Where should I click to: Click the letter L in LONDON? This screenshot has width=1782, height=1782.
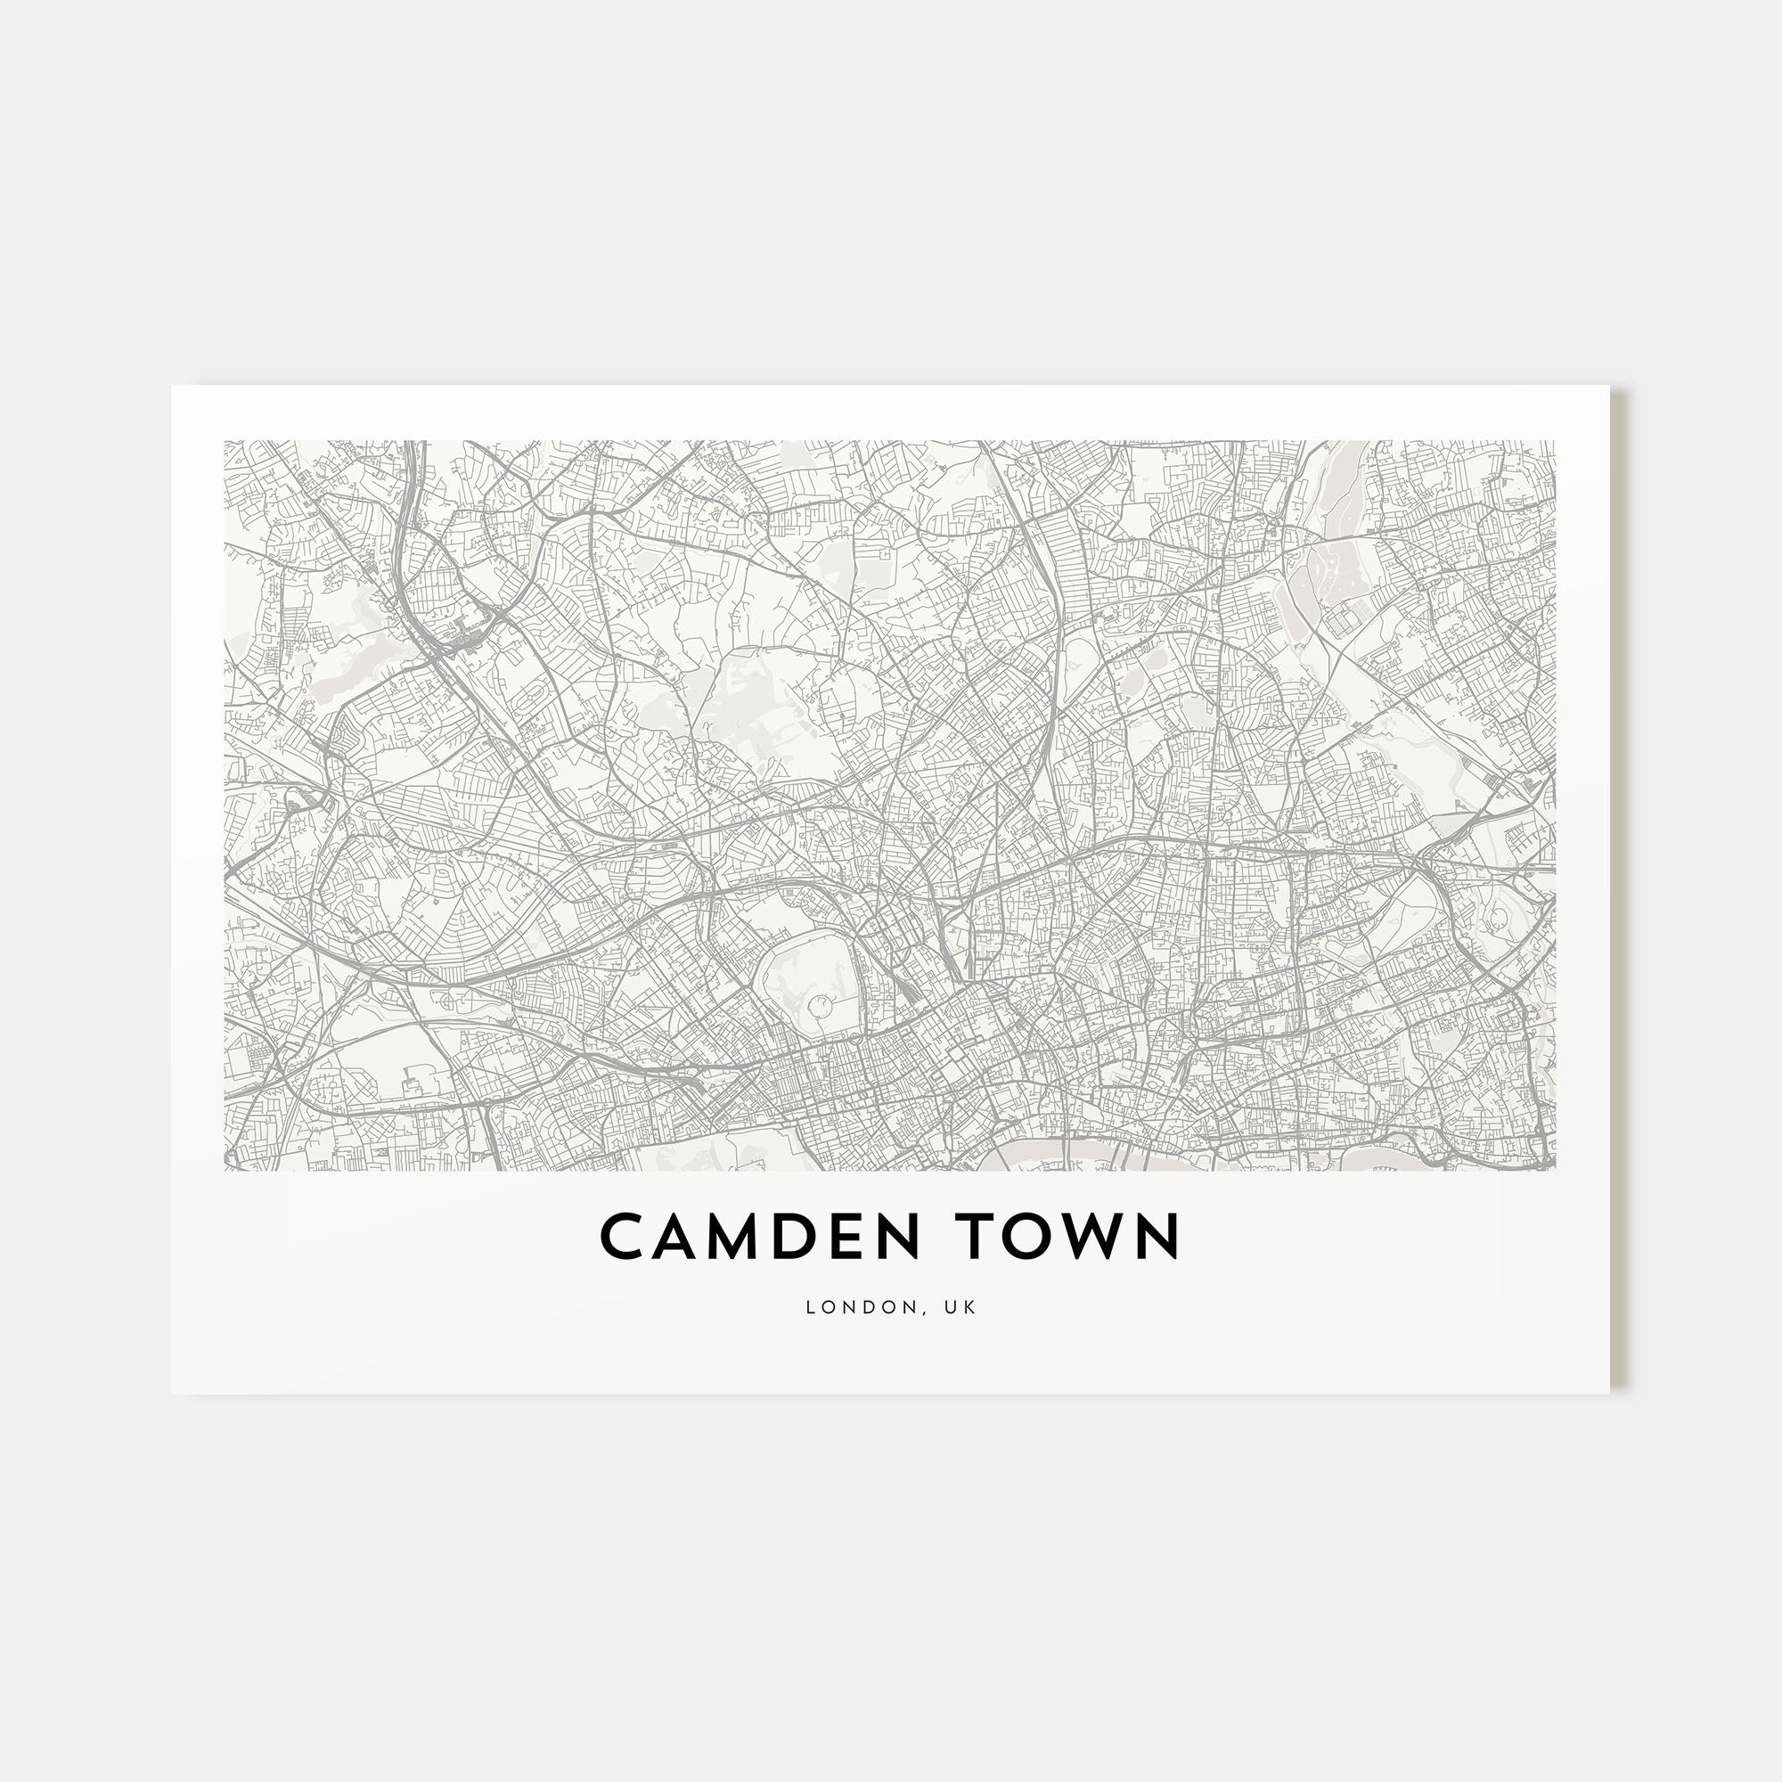pyautogui.click(x=811, y=1307)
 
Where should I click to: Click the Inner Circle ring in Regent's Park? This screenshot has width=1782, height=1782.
pyautogui.click(x=818, y=1003)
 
